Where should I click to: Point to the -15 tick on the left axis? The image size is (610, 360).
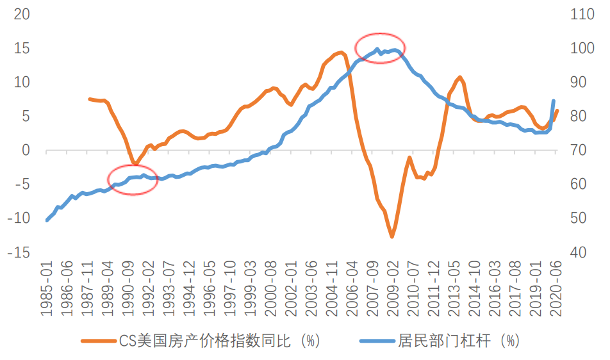(18, 252)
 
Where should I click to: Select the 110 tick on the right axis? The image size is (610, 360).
(581, 14)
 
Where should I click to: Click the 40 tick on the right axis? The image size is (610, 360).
(578, 252)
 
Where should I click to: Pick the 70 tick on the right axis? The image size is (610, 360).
(578, 151)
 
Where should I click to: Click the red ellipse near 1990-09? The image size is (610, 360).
(132, 179)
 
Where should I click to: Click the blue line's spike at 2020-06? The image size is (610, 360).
(554, 101)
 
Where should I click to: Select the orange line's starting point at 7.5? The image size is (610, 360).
(90, 99)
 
